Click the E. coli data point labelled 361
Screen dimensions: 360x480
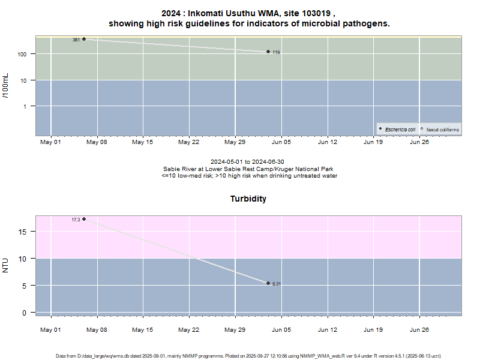84,39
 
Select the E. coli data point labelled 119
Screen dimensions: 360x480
268,52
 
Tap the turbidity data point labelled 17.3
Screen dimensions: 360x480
84,219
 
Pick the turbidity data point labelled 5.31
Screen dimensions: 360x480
268,283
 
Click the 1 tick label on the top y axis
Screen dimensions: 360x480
30,106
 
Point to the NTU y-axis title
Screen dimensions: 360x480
6,265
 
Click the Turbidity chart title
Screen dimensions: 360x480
248,199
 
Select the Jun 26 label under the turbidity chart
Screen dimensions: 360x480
419,329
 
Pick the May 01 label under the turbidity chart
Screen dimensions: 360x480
51,329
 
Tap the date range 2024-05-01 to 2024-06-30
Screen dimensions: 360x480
248,162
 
